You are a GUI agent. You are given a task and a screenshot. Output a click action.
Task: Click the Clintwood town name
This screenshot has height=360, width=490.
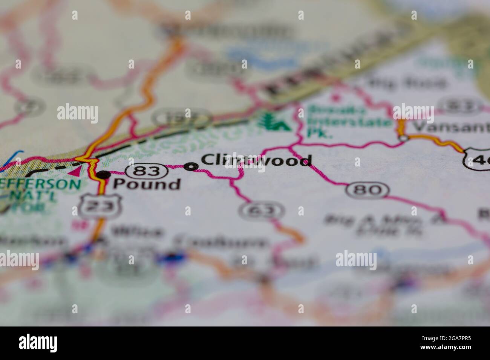256,160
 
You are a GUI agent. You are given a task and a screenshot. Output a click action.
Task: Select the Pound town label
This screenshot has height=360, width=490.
147,184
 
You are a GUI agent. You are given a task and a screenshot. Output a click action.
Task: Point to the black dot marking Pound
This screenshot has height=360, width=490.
104,175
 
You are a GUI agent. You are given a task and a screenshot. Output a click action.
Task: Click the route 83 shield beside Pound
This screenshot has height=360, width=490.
147,171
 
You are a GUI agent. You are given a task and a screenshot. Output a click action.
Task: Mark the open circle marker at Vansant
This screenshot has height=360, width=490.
403,139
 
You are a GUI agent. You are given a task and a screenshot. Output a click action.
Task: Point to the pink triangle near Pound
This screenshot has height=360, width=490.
76,172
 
